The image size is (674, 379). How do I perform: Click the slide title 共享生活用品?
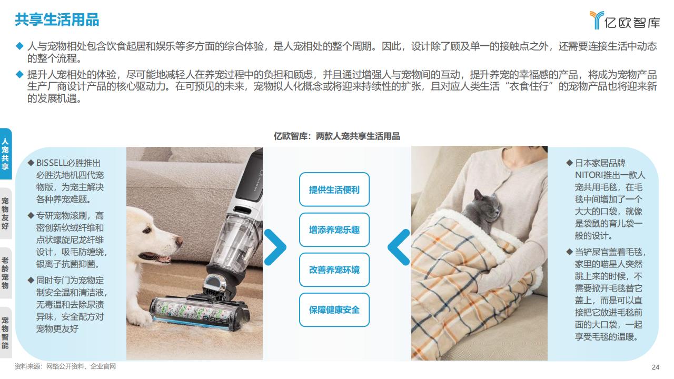57,20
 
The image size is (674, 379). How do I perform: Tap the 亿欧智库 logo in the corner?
625,21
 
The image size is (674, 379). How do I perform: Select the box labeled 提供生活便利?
334,189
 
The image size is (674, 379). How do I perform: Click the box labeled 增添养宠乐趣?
334,230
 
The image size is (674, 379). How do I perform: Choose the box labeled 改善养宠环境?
334,270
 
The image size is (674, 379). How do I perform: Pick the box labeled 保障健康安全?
334,310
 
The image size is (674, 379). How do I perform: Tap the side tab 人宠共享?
5,154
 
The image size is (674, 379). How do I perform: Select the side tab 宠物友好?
5,213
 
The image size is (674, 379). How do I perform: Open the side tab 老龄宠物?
5,273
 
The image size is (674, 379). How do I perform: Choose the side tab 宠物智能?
5,332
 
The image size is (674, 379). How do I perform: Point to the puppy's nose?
179,241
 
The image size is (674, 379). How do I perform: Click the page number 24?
656,367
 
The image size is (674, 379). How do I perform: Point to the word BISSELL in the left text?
51,163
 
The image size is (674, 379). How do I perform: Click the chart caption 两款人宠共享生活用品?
358,136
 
